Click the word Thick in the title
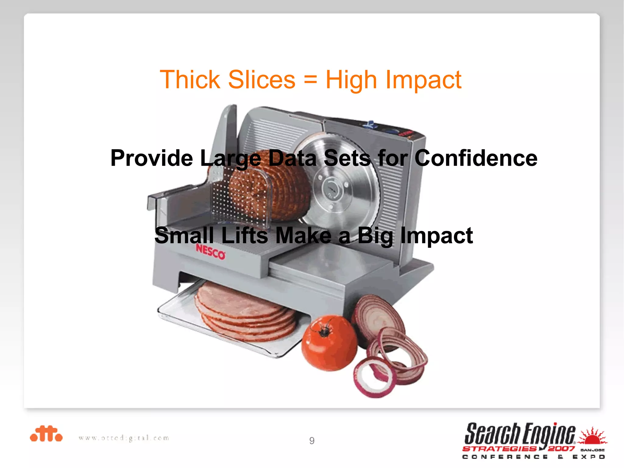pos(190,80)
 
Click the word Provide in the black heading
pos(151,158)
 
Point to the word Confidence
pos(476,158)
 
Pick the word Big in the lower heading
pos(375,236)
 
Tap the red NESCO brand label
pos(211,252)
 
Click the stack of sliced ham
pos(244,314)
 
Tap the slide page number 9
pos(312,441)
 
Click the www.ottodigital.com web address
pos(124,438)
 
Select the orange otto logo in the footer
pos(46,434)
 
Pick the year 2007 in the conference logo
pos(561,448)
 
